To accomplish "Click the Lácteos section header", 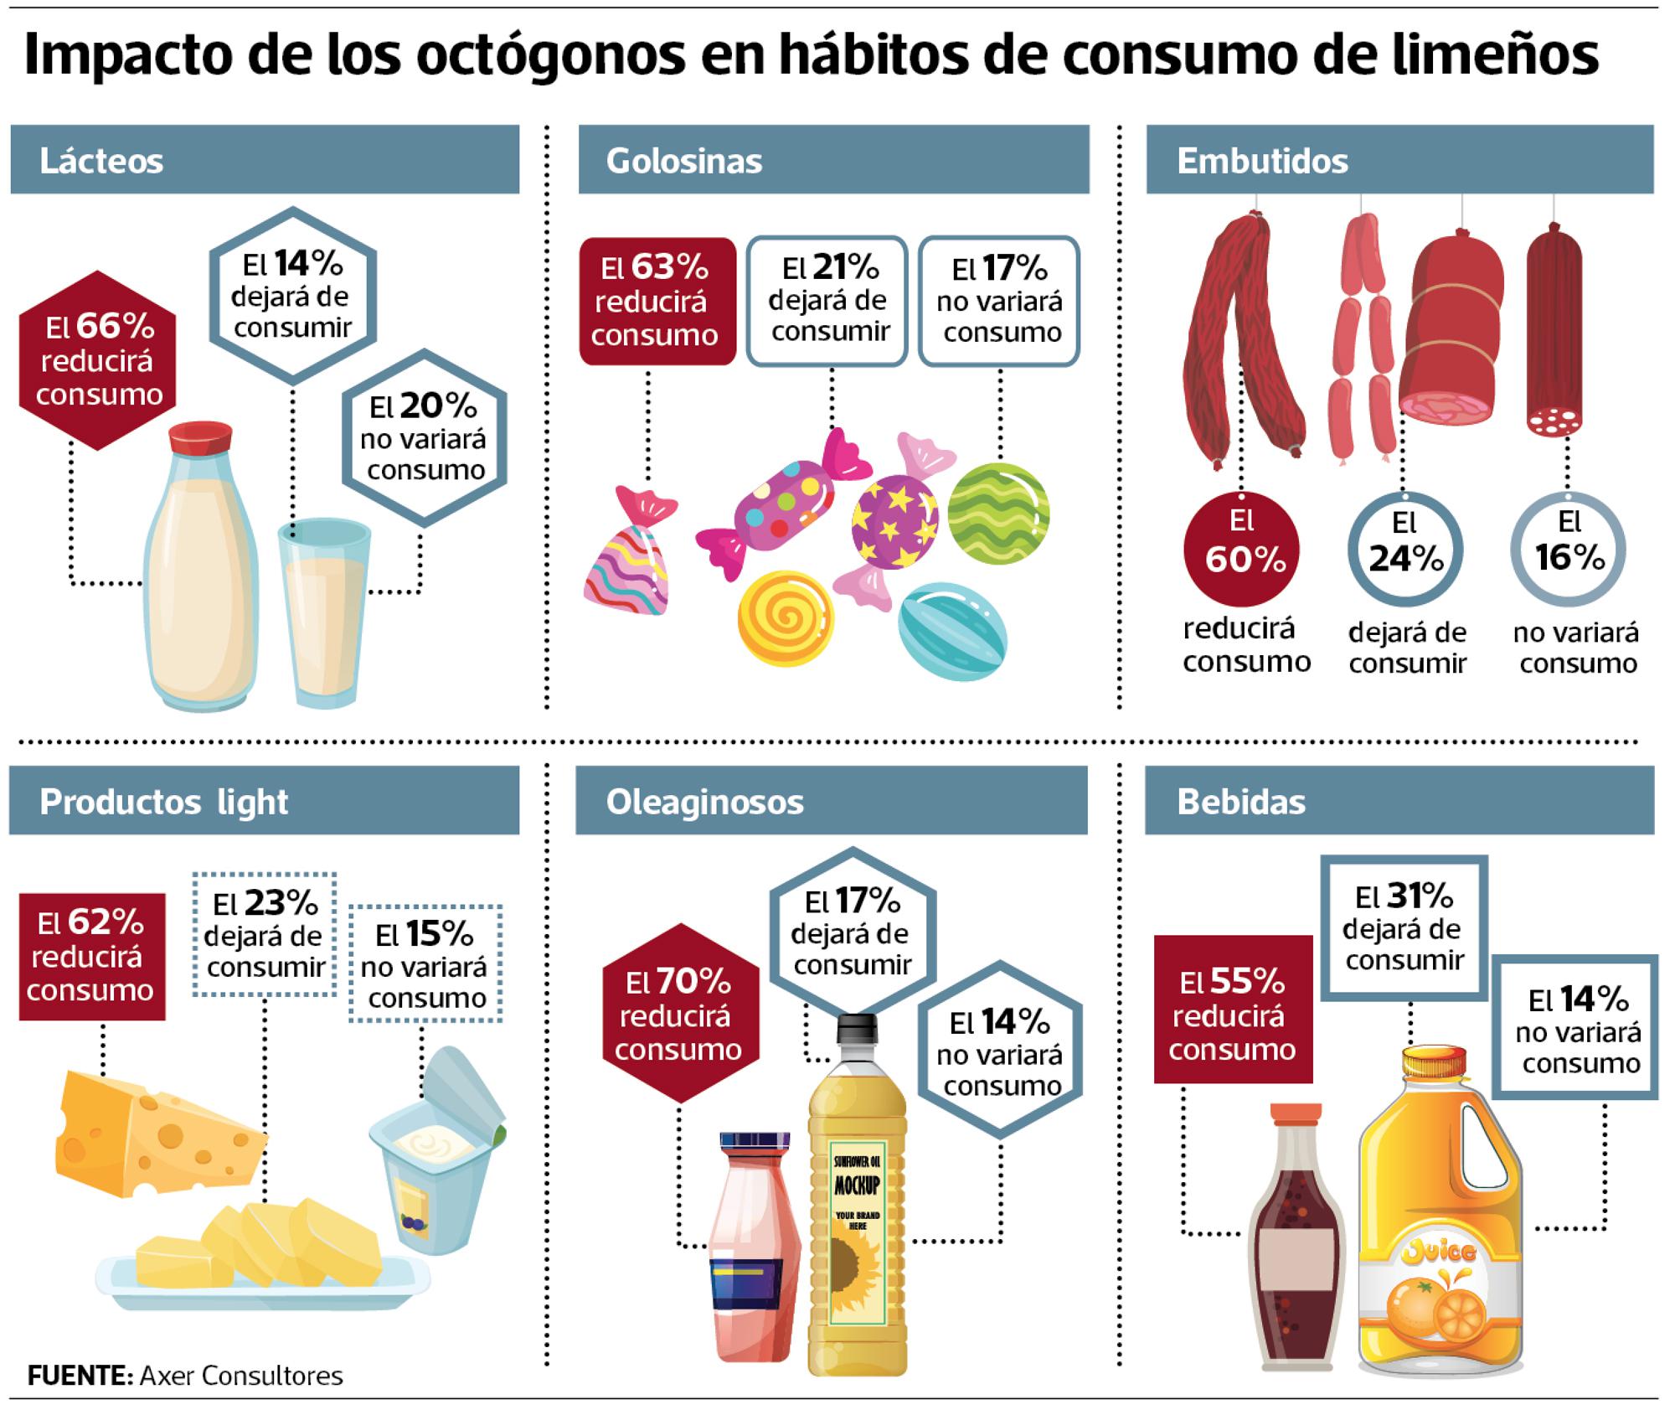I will pos(265,159).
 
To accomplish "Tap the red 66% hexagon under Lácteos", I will pos(99,360).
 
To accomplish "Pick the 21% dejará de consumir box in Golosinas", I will pos(827,302).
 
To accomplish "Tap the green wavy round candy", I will pos(998,513).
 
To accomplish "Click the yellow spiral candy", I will pos(786,617).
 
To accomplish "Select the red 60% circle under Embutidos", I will pos(1241,549).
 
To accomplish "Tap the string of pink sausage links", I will pos(1363,335).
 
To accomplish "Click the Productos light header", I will pos(265,801).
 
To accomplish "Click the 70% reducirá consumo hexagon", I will pos(679,1015).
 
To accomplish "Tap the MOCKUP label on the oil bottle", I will pos(857,1185).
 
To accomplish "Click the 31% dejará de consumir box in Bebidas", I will pos(1404,927).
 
